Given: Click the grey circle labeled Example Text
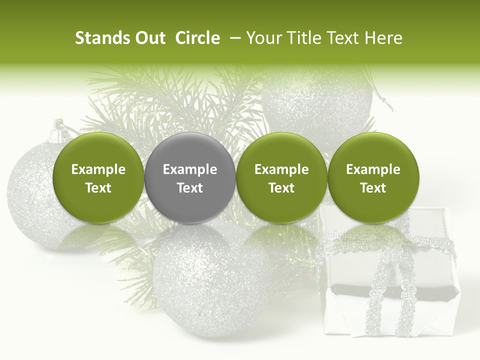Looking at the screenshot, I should pos(190,177).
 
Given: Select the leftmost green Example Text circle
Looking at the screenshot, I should pos(98,177).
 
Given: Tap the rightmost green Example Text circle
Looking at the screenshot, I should pos(373,177).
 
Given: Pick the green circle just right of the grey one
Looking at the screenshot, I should pos(281,177).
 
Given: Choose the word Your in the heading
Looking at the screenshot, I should pos(263,38).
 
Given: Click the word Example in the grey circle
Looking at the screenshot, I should pos(190,169).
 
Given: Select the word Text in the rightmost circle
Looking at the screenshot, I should pos(373,188).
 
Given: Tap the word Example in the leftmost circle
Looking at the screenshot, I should pos(98,169).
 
